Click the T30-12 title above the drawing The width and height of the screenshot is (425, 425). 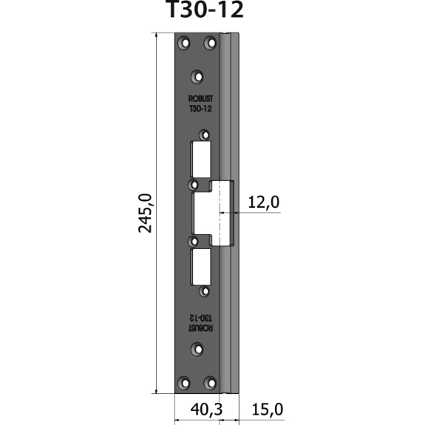point(205,9)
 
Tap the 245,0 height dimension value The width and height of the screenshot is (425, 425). point(145,213)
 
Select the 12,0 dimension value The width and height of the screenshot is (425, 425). point(263,202)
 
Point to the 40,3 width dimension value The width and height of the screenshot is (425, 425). point(206,410)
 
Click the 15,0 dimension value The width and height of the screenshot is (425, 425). point(267,410)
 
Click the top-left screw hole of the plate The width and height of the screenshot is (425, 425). point(184,42)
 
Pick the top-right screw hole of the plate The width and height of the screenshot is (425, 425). point(210,42)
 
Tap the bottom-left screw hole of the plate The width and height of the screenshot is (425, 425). point(184,382)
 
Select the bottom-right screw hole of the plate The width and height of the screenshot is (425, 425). point(210,382)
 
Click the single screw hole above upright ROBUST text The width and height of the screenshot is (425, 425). point(197,77)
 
